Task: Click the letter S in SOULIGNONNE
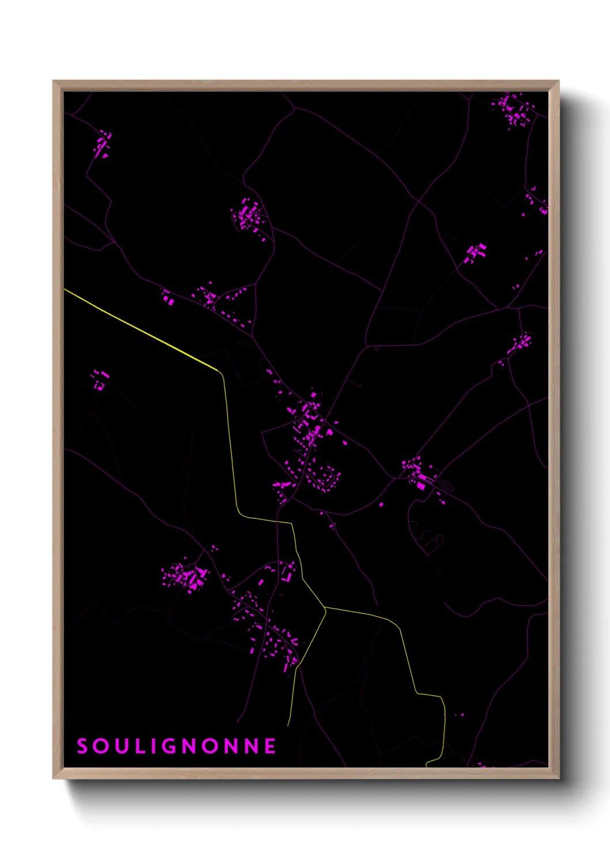82,746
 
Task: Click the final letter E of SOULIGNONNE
270,746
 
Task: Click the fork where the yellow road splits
326,608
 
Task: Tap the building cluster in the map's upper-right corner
513,110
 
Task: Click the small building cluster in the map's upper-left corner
103,144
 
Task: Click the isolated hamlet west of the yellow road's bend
99,379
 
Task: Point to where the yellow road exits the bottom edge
427,765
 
